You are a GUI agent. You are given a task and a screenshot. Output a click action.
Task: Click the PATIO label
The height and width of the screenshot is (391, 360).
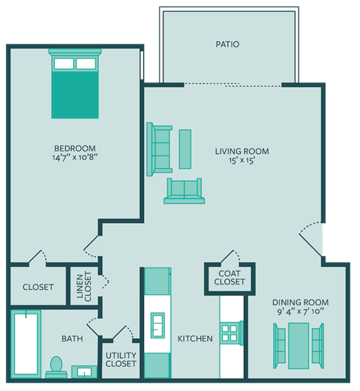click(226, 44)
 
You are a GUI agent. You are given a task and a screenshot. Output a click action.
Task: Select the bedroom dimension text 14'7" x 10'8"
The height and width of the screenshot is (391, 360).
click(75, 158)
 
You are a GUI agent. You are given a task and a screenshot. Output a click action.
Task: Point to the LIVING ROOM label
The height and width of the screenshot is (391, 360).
click(242, 151)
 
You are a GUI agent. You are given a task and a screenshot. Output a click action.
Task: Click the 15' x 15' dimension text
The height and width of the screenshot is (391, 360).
click(242, 161)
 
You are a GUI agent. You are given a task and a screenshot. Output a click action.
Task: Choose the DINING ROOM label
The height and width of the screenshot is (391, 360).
click(300, 302)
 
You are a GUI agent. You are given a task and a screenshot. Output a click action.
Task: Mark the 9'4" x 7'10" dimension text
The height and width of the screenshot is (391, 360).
click(300, 312)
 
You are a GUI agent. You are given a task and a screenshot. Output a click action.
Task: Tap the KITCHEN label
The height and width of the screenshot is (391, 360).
click(195, 339)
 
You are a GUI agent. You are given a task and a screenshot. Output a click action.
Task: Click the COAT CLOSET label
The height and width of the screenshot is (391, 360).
click(229, 278)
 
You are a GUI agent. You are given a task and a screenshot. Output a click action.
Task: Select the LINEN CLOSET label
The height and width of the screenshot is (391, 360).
click(83, 286)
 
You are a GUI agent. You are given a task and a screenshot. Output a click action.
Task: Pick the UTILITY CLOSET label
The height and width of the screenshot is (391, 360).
click(121, 359)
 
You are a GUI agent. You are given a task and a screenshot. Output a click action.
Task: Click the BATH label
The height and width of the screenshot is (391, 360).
click(72, 339)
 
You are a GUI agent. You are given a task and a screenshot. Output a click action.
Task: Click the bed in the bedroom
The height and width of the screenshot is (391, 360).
click(75, 84)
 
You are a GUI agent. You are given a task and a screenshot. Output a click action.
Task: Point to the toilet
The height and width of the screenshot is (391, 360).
click(54, 366)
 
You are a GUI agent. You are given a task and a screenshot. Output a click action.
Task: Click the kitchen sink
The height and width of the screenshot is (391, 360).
click(157, 324)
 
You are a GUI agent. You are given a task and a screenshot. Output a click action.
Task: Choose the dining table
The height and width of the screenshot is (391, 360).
click(299, 344)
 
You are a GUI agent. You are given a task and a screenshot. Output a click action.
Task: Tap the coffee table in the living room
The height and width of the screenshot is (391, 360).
click(184, 149)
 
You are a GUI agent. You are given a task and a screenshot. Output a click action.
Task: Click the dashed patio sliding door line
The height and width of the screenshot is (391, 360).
click(232, 85)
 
